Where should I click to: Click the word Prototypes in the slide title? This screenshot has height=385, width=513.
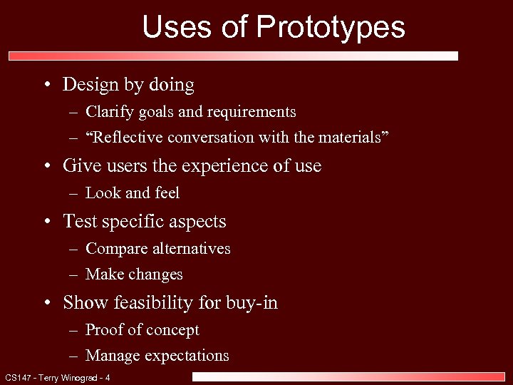(x=331, y=28)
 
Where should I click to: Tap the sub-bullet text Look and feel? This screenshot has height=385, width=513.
(x=133, y=193)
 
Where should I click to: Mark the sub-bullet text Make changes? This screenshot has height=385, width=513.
(x=134, y=274)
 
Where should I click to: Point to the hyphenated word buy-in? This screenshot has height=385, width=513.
(x=252, y=303)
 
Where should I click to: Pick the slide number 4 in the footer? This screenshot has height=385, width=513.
(x=108, y=377)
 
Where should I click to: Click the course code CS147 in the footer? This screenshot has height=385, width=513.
(x=16, y=377)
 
